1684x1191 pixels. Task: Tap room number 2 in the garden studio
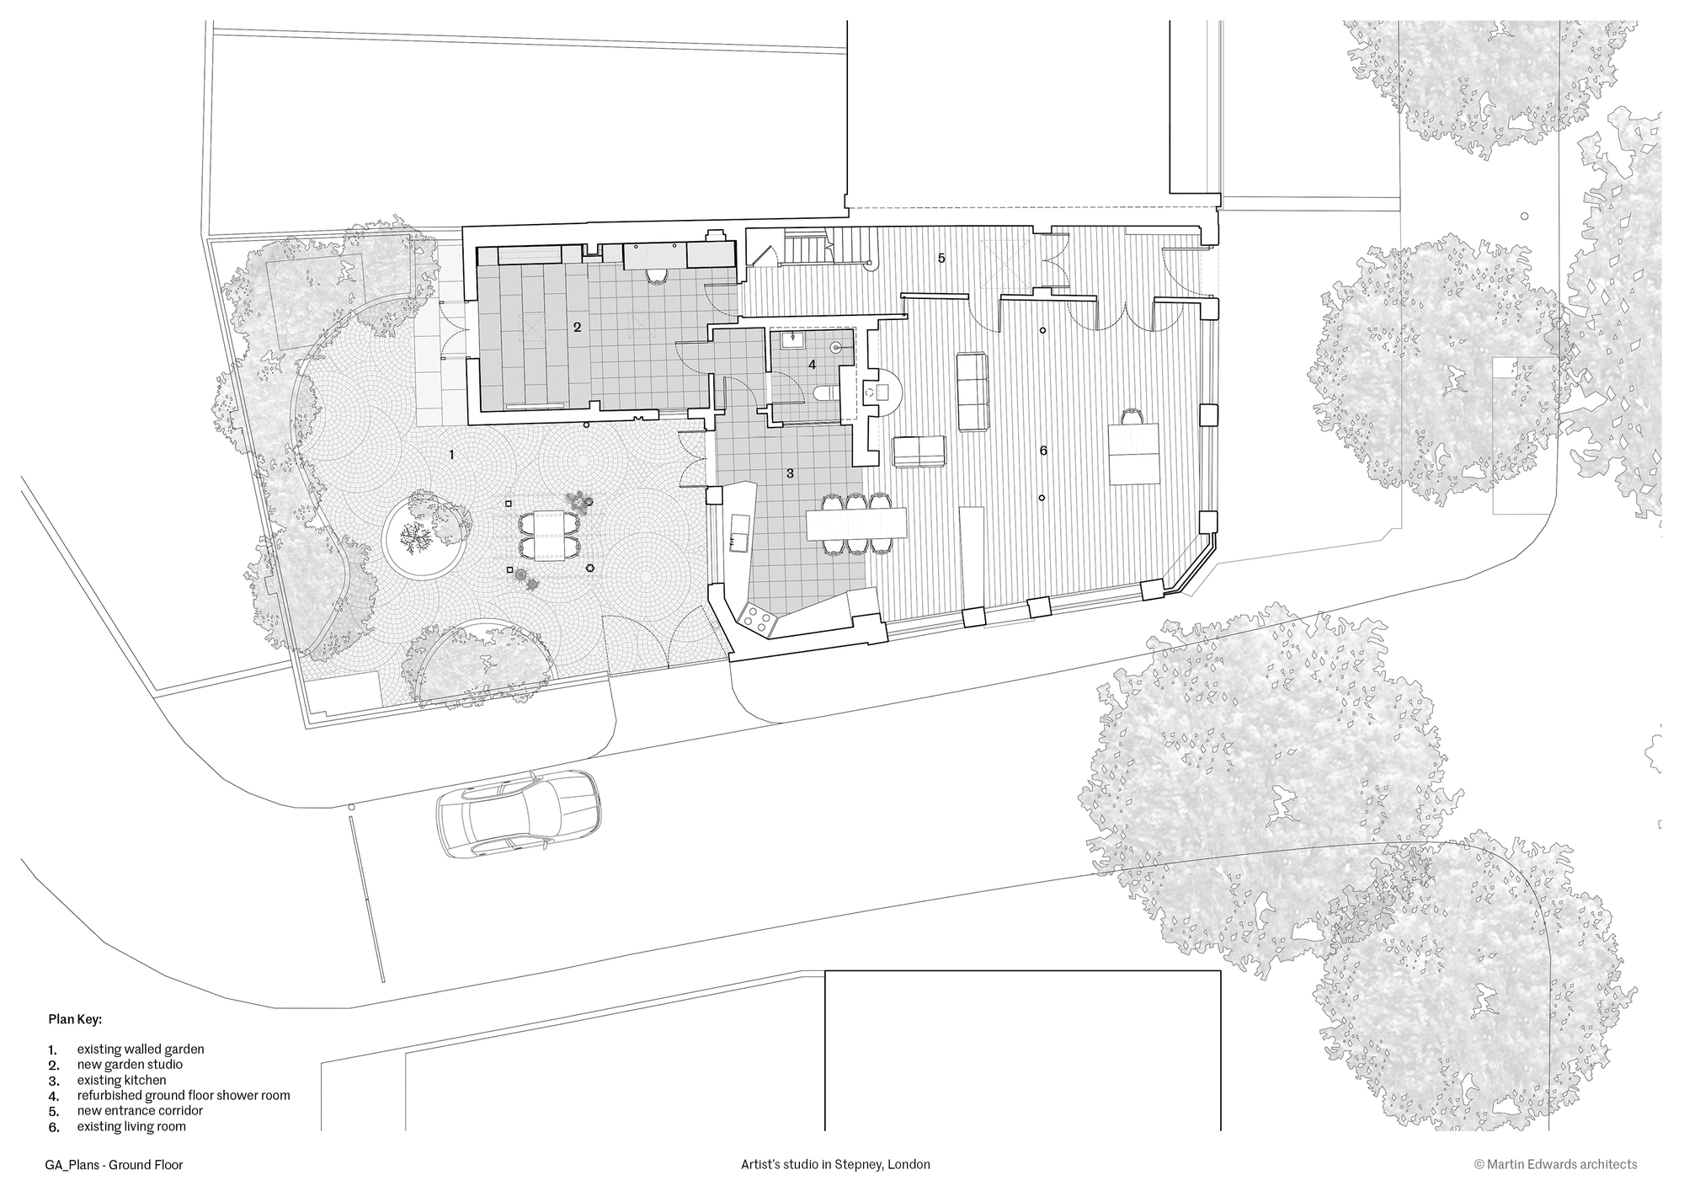pyautogui.click(x=578, y=327)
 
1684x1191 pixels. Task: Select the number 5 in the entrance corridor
pyautogui.click(x=941, y=258)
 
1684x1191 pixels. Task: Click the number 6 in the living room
pyautogui.click(x=1043, y=451)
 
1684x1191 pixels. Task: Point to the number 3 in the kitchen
pyautogui.click(x=790, y=473)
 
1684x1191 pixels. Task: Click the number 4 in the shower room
pyautogui.click(x=812, y=365)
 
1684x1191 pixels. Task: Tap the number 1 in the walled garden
pyautogui.click(x=451, y=455)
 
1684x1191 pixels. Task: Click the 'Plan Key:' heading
pyautogui.click(x=74, y=1019)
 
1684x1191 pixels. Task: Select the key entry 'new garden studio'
pyautogui.click(x=130, y=1065)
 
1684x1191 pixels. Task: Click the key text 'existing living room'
pyautogui.click(x=131, y=1126)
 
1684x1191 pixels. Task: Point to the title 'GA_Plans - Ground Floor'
pyautogui.click(x=114, y=1165)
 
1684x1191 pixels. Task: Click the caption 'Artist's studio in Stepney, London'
pyautogui.click(x=835, y=1165)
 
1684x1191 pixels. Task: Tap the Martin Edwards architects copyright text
pyautogui.click(x=1555, y=1165)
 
